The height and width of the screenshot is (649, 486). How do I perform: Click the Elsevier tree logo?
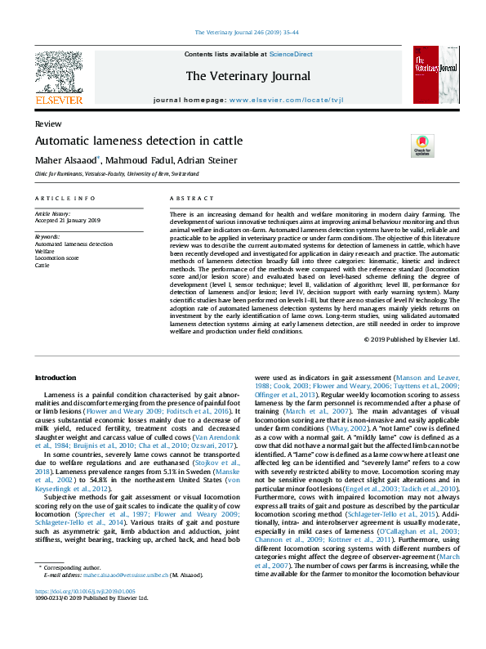(59, 76)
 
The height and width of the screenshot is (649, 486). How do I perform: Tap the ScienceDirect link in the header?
(291, 54)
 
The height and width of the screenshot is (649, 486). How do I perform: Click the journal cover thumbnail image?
(434, 78)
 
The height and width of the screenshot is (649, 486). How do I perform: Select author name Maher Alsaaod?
(67, 160)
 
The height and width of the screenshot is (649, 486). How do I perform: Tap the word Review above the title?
(48, 123)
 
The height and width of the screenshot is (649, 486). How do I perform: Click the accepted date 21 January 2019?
(78, 220)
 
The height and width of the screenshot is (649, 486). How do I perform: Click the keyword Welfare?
(46, 251)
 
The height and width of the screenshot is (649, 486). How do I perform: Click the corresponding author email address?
(131, 597)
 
